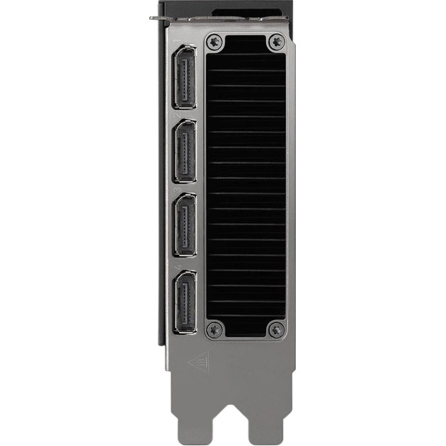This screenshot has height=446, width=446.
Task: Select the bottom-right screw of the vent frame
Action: (275, 329)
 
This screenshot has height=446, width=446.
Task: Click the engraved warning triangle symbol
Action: (200, 363)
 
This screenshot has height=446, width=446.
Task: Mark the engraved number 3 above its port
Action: (178, 189)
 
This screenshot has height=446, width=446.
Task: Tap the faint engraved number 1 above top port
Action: (178, 40)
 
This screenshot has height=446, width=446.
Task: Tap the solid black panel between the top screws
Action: (245, 42)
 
